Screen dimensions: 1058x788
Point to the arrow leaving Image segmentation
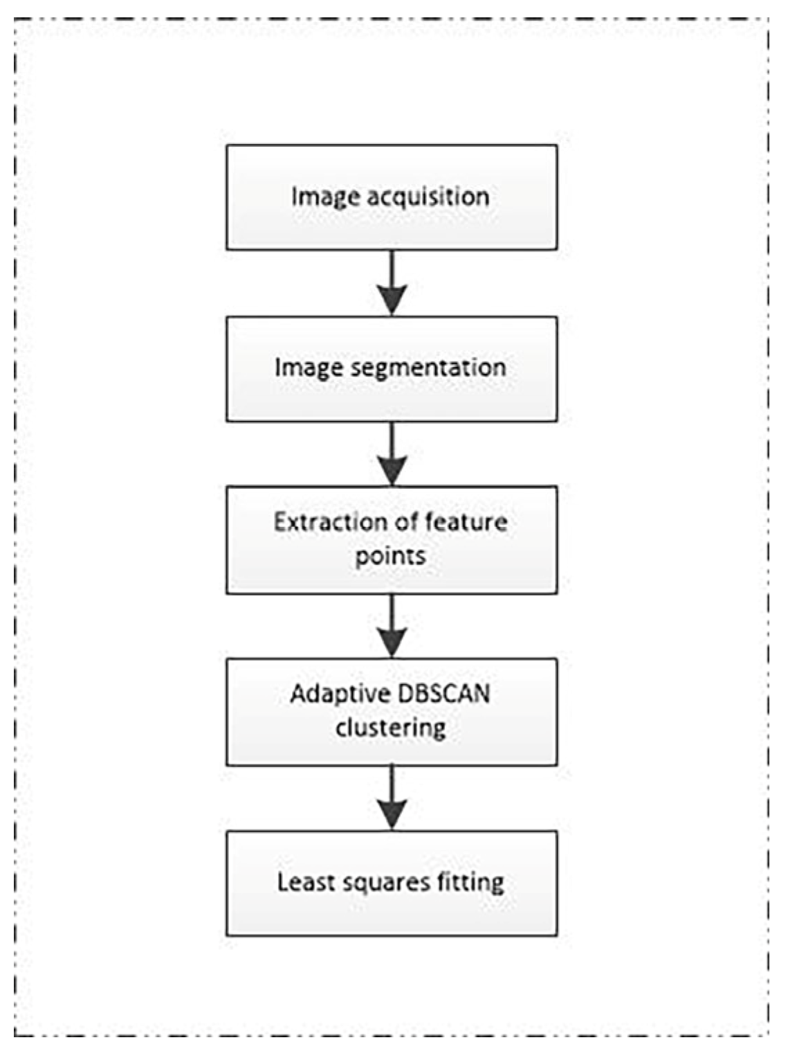pos(392,454)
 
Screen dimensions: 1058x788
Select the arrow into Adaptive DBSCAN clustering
pos(392,626)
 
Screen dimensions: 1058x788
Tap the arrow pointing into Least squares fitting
pos(392,798)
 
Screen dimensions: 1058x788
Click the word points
pos(390,557)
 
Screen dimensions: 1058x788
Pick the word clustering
pos(391,728)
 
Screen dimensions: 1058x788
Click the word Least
pos(301,882)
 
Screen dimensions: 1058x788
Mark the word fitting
pos(470,882)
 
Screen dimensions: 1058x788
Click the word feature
pos(466,522)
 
